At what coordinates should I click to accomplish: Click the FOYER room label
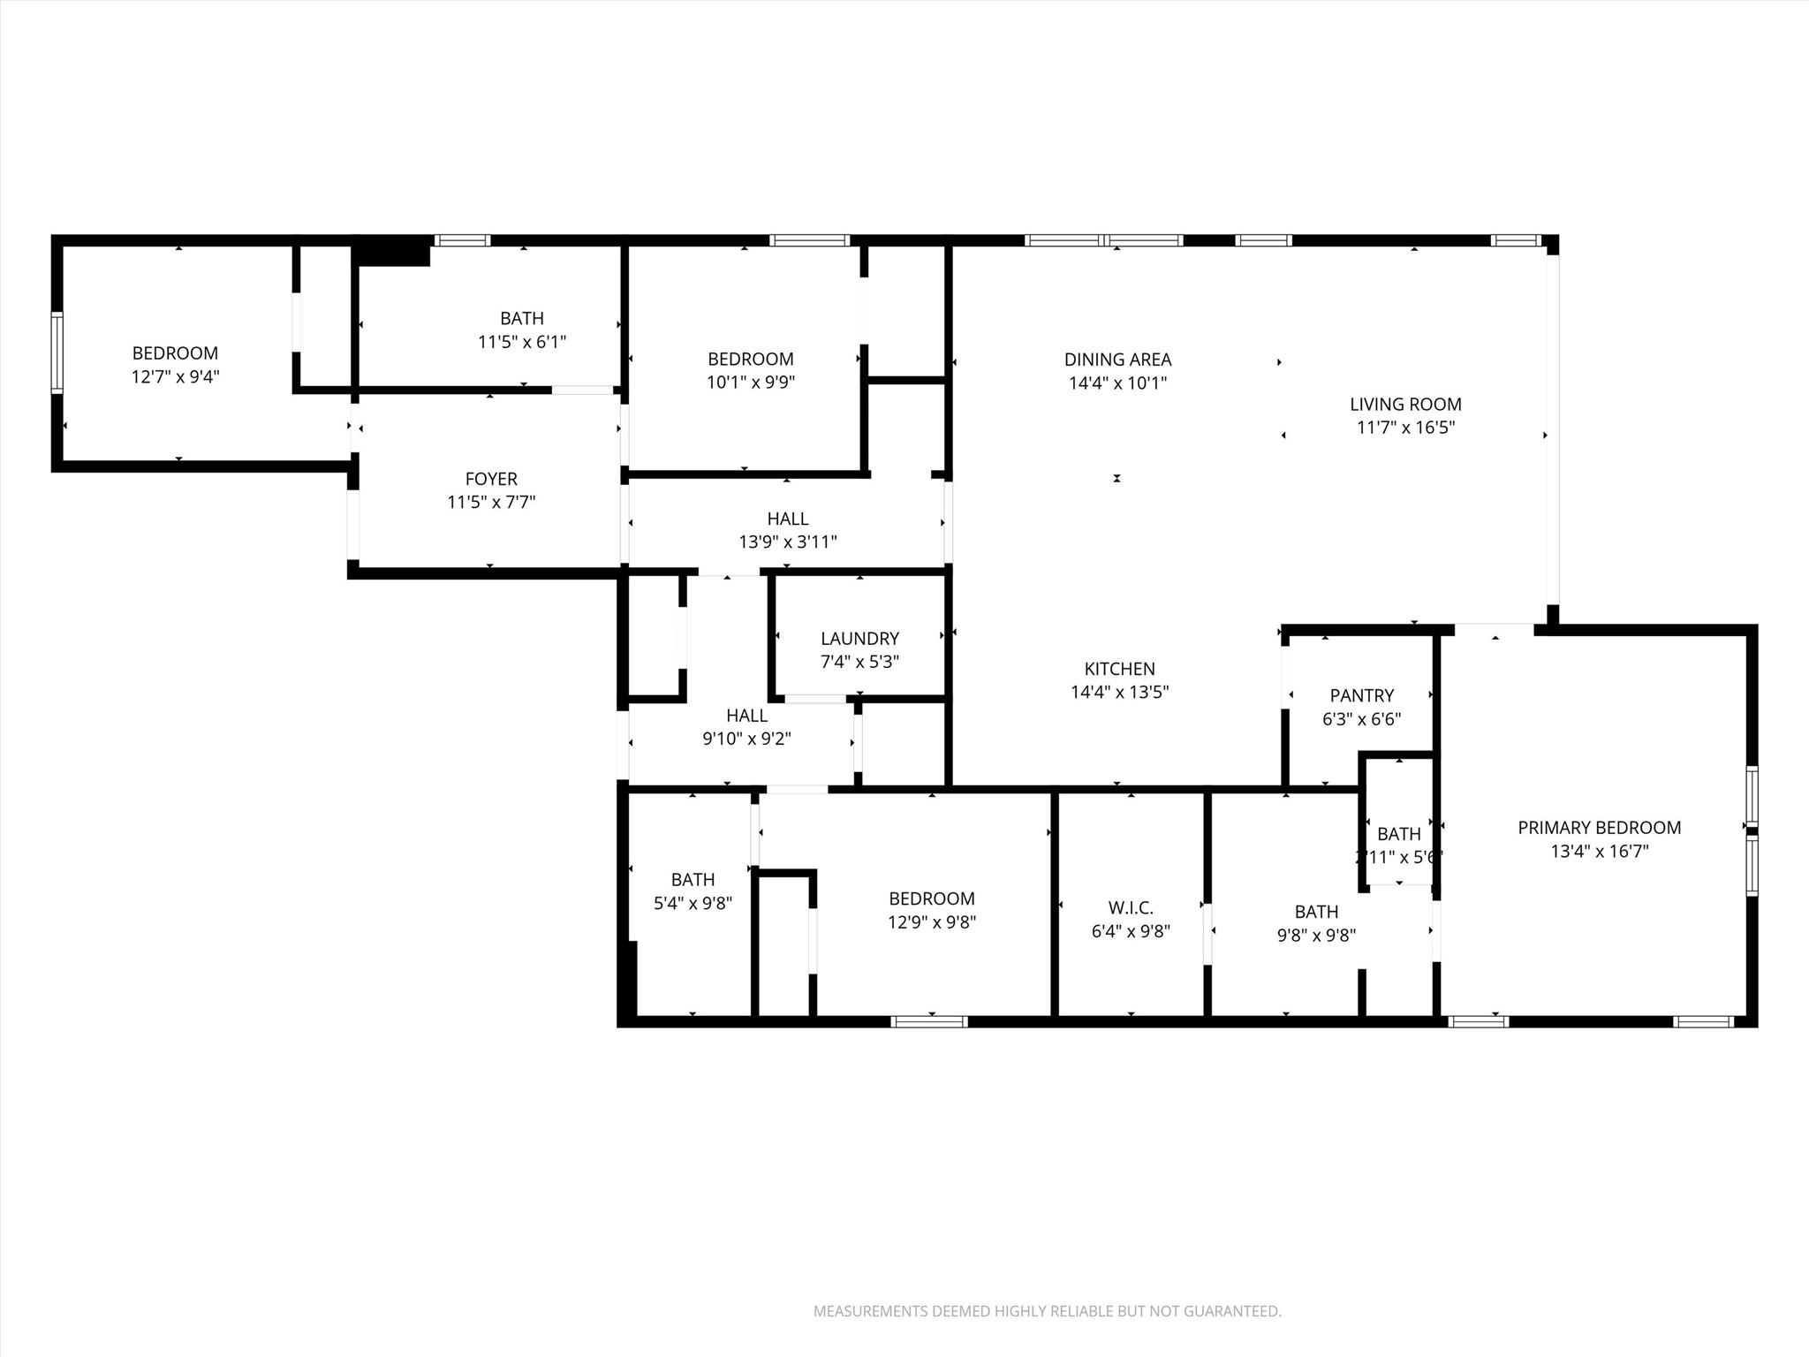coord(491,479)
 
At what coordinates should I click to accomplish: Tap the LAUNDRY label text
coord(859,638)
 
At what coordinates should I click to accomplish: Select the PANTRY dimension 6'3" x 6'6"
coord(1361,719)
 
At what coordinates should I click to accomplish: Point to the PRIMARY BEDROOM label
coord(1599,828)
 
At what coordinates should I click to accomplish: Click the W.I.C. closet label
coord(1131,907)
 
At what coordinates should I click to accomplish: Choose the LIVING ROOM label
coord(1405,405)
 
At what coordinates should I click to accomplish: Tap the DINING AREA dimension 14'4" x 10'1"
coord(1117,383)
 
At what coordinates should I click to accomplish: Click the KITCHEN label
coord(1119,669)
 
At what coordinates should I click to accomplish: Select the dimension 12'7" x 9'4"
coord(175,377)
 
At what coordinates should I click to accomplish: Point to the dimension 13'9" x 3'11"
coord(788,542)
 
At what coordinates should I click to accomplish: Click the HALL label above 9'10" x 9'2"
coord(746,716)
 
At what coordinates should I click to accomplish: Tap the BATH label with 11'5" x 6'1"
coord(521,318)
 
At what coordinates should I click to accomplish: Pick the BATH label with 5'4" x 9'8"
coord(693,879)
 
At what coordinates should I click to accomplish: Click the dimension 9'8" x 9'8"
coord(1316,936)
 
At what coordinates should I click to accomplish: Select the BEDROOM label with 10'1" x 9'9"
coord(750,359)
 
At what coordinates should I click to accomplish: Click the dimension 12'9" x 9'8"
coord(931,922)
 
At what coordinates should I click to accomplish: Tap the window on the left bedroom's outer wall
coord(57,353)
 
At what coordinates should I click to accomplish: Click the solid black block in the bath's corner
coord(392,254)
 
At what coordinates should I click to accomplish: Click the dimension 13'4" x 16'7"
coord(1599,852)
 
